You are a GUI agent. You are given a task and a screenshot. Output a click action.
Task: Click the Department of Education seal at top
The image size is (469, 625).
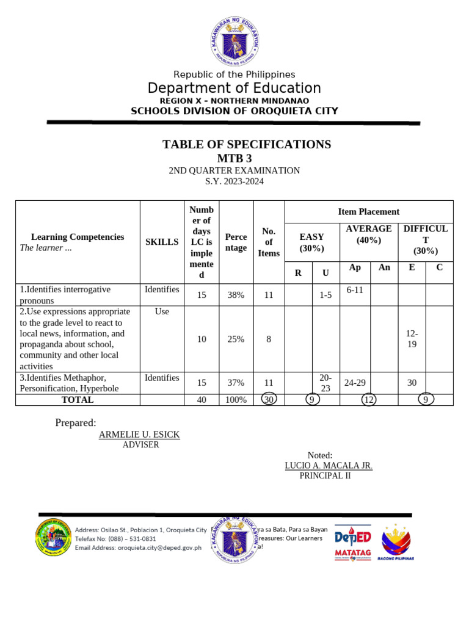pyautogui.click(x=234, y=41)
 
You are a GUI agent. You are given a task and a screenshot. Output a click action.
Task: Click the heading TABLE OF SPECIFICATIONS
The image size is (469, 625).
pyautogui.click(x=247, y=145)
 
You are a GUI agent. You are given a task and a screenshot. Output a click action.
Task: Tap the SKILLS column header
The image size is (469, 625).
pyautogui.click(x=162, y=242)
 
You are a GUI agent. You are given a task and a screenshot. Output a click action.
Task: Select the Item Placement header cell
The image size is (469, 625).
pyautogui.click(x=369, y=212)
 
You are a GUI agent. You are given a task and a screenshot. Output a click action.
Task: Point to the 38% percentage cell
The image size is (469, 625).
pyautogui.click(x=236, y=295)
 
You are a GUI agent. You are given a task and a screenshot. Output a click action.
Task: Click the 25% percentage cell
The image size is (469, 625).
pyautogui.click(x=236, y=339)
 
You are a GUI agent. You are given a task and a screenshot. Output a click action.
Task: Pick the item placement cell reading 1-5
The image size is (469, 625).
pyautogui.click(x=325, y=295)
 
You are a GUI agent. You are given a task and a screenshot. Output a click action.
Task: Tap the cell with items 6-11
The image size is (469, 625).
pyautogui.click(x=355, y=290)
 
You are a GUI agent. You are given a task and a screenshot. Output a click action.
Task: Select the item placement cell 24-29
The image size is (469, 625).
pyautogui.click(x=355, y=383)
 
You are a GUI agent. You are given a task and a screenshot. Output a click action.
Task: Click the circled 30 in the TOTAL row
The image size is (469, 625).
pyautogui.click(x=269, y=400)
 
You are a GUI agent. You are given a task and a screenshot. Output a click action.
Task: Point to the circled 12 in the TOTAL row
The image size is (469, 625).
pyautogui.click(x=368, y=400)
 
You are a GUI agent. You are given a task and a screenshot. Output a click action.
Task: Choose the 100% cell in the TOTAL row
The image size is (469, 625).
pyautogui.click(x=236, y=400)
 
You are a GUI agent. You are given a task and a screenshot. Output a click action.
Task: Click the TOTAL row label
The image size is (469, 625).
pyautogui.click(x=78, y=400)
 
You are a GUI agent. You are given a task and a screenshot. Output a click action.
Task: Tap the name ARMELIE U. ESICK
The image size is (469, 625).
pyautogui.click(x=139, y=435)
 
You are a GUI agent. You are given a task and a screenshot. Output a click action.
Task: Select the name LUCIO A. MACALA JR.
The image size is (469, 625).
pyautogui.click(x=329, y=466)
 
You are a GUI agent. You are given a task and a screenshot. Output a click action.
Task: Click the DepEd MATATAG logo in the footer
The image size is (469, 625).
pyautogui.click(x=352, y=543)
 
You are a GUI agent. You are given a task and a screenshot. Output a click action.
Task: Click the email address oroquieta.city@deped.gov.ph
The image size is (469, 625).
pyautogui.click(x=138, y=547)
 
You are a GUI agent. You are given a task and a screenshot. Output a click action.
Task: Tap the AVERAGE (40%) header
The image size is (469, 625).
pyautogui.click(x=369, y=234)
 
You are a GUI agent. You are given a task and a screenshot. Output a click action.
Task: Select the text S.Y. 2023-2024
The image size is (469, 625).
pyautogui.click(x=234, y=181)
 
